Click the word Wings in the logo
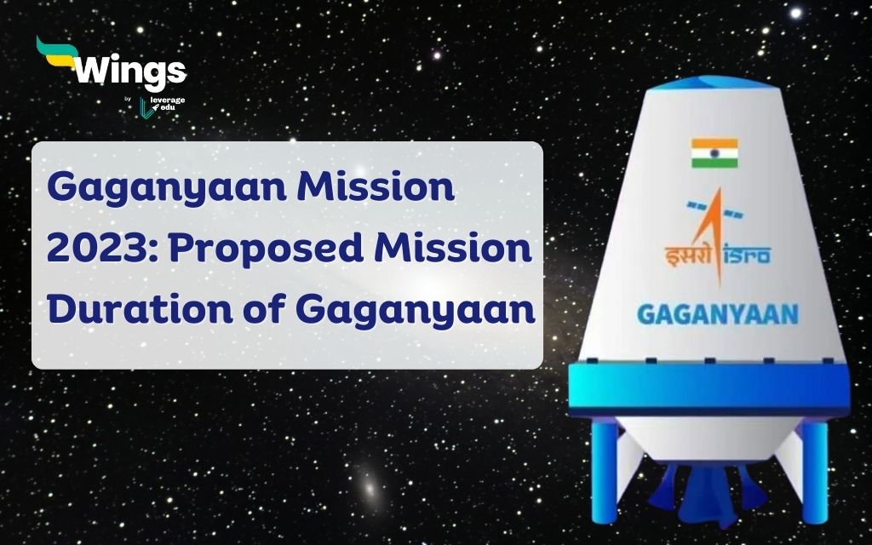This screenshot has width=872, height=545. (x=130, y=72)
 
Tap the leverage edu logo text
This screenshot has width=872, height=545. (x=167, y=103)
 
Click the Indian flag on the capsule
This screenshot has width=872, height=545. (x=714, y=153)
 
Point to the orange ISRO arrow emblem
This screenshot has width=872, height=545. (x=714, y=233)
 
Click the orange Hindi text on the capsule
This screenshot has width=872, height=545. (x=689, y=256)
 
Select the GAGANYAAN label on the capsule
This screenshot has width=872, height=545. (x=717, y=314)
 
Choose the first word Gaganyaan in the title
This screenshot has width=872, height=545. (x=167, y=188)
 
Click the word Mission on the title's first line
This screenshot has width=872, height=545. (x=376, y=186)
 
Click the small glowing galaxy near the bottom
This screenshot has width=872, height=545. (x=369, y=488)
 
